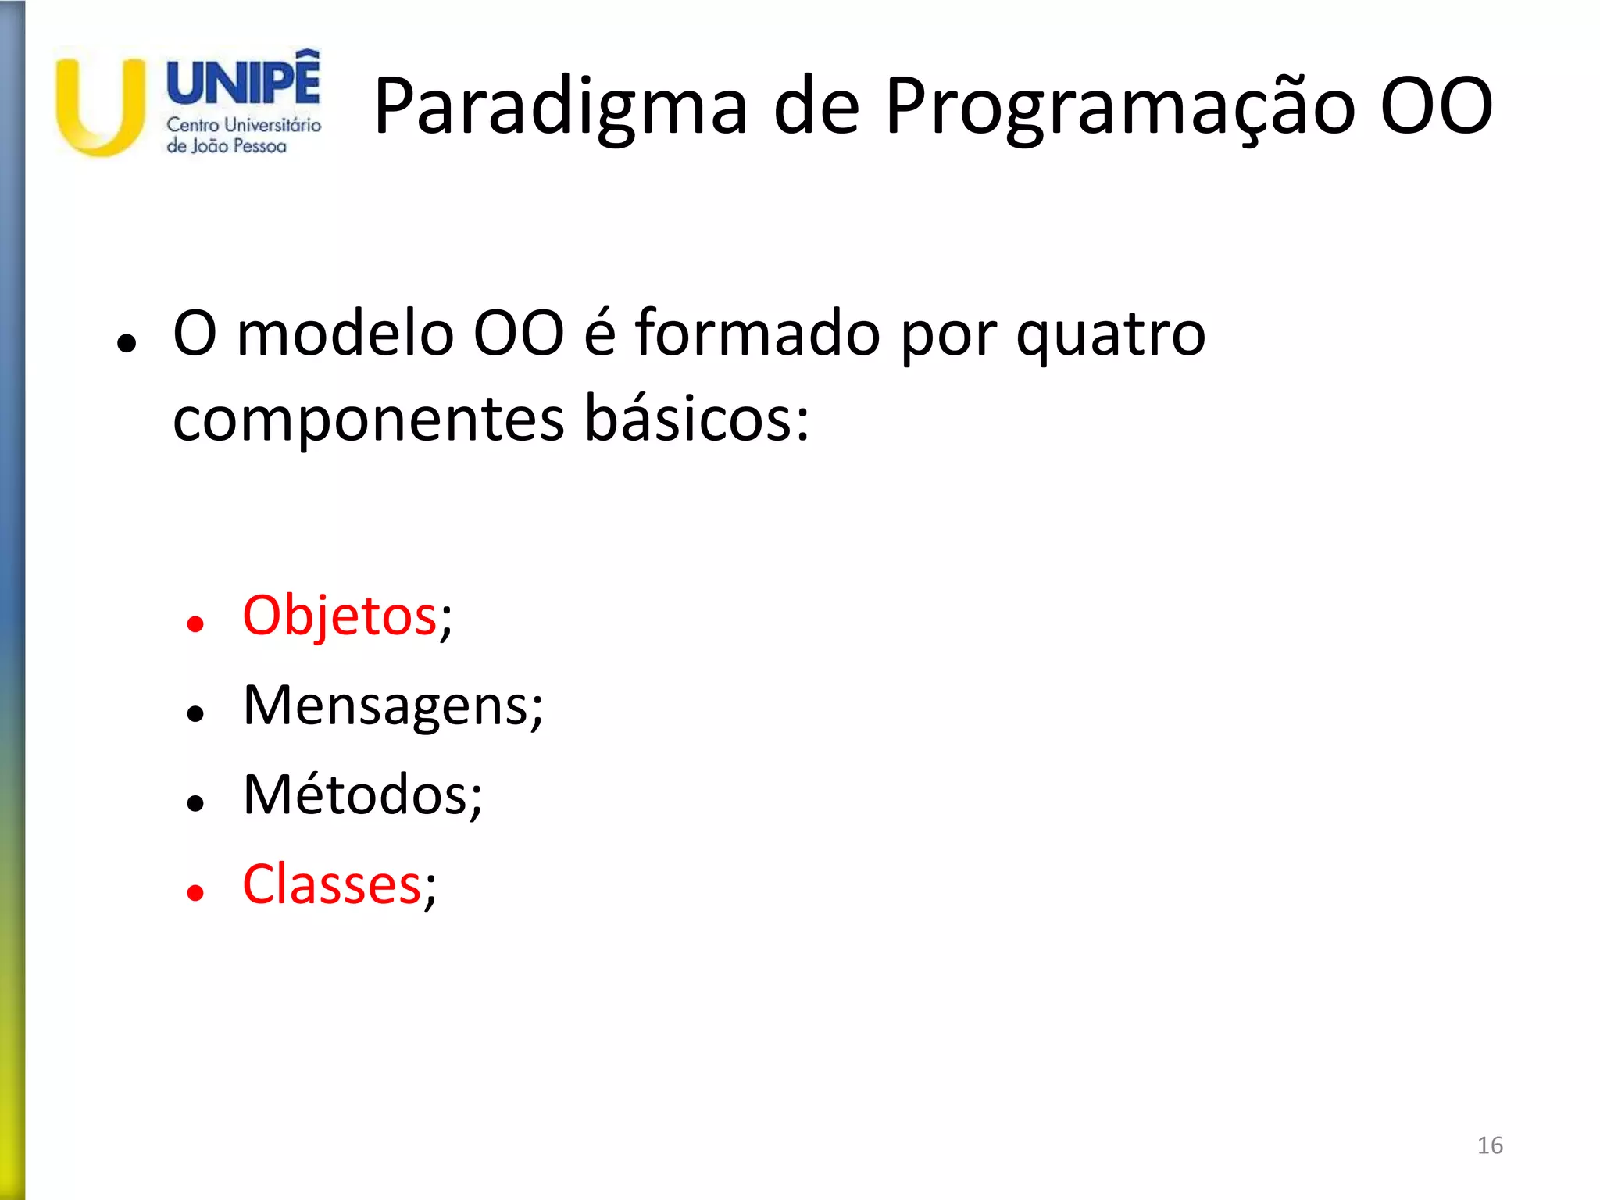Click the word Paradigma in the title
click(560, 107)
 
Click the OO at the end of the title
click(1436, 107)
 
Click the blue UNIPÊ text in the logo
click(243, 82)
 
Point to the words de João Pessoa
click(227, 146)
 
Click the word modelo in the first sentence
click(345, 334)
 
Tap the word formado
click(757, 334)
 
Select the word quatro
click(1110, 334)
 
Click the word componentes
click(368, 420)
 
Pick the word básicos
click(697, 420)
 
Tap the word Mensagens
click(387, 705)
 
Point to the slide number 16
click(1490, 1145)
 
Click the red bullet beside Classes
click(195, 892)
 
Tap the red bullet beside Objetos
click(195, 623)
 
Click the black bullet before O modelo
click(126, 342)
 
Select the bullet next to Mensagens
click(195, 712)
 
